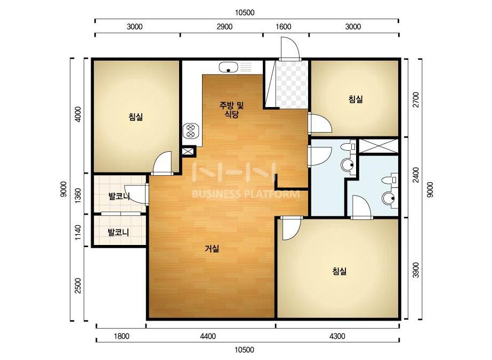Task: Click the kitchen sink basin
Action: pyautogui.click(x=228, y=67)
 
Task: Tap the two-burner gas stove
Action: pyautogui.click(x=191, y=131)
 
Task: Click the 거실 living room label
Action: pyautogui.click(x=212, y=249)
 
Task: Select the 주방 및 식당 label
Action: pyautogui.click(x=231, y=110)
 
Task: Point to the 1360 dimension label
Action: pyautogui.click(x=78, y=195)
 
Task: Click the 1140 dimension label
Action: pyautogui.click(x=78, y=232)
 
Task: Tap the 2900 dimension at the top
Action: pyautogui.click(x=224, y=27)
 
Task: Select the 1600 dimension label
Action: pyautogui.click(x=284, y=27)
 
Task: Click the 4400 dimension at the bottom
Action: pyautogui.click(x=208, y=336)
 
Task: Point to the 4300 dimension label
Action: pyautogui.click(x=337, y=336)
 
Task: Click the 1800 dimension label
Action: pyautogui.click(x=122, y=336)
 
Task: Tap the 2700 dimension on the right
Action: pyautogui.click(x=416, y=100)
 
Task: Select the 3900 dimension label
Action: pyautogui.click(x=416, y=270)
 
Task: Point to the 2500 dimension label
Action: pyautogui.click(x=78, y=285)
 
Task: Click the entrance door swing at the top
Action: pyautogui.click(x=289, y=48)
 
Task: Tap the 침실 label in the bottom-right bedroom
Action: pyautogui.click(x=339, y=271)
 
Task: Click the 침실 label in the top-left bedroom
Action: pyautogui.click(x=135, y=117)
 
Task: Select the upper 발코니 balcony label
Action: pyautogui.click(x=119, y=197)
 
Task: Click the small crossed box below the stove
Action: pyautogui.click(x=188, y=152)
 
